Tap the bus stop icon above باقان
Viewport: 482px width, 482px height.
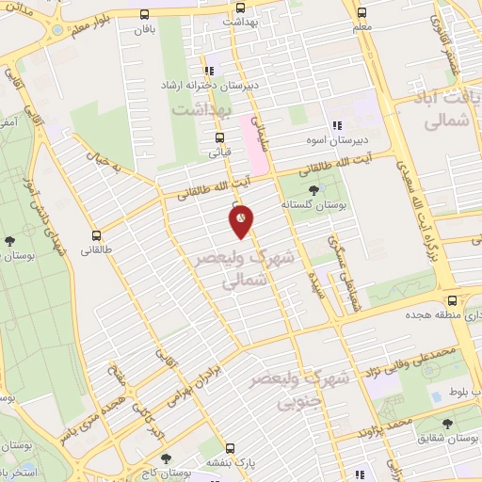click(x=144, y=14)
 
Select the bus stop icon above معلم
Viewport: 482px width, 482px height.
click(x=361, y=13)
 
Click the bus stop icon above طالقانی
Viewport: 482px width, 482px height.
click(x=95, y=235)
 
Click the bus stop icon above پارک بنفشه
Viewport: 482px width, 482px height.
click(x=239, y=450)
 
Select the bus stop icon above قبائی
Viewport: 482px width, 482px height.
click(x=219, y=137)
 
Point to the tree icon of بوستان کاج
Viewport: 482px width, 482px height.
click(x=166, y=458)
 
